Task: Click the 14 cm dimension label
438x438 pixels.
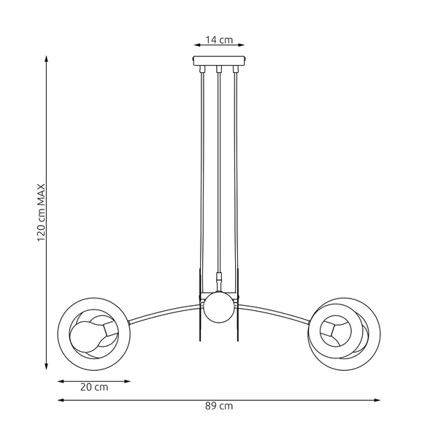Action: (218, 39)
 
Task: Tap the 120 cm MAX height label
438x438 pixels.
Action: (42, 212)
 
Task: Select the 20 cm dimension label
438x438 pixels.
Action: (94, 388)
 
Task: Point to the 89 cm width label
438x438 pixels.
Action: (220, 406)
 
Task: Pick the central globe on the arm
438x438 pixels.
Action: (218, 307)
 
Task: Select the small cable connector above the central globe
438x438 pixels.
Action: (218, 278)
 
